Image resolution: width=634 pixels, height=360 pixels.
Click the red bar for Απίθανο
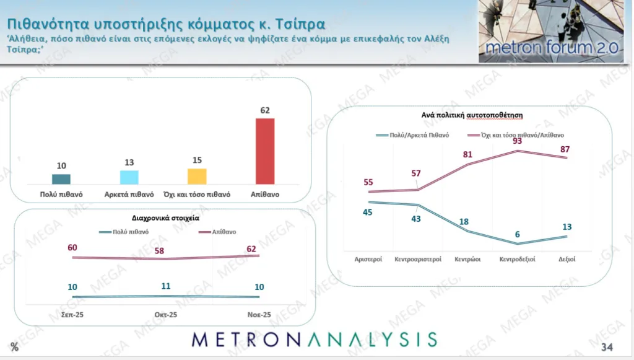(x=265, y=151)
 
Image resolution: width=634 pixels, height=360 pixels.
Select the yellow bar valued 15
(x=197, y=177)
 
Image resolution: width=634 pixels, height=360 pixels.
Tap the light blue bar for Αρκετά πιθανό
(x=129, y=177)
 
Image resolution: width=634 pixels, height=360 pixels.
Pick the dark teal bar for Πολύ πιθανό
(x=61, y=179)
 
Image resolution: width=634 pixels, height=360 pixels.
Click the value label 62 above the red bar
(x=265, y=110)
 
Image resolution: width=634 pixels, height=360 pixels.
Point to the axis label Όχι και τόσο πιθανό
(x=197, y=194)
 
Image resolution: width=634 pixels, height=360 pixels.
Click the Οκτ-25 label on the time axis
(x=165, y=315)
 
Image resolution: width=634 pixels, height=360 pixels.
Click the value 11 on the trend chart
(x=165, y=286)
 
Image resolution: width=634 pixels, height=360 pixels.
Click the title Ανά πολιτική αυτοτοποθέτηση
(x=469, y=115)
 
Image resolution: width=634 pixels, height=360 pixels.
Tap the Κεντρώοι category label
(x=468, y=259)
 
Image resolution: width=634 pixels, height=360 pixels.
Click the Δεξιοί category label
(x=567, y=259)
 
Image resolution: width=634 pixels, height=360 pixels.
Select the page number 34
(x=607, y=346)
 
